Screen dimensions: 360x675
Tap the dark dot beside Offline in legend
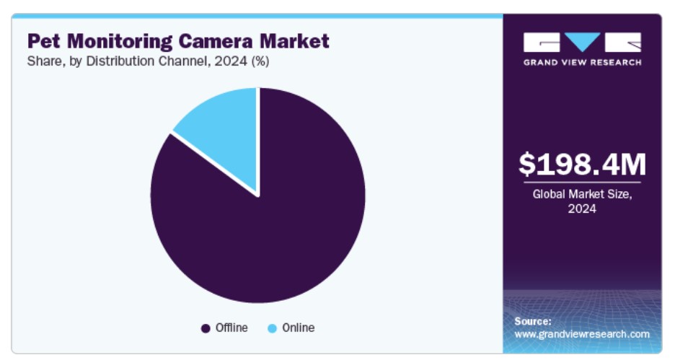pos(206,328)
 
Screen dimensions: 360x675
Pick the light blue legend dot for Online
pos(272,328)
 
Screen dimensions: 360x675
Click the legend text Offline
pos(231,328)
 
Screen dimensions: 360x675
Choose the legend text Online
pos(298,328)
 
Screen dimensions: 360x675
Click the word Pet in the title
pos(43,41)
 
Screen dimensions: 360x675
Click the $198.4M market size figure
pos(582,164)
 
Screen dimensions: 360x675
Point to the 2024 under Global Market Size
pos(582,209)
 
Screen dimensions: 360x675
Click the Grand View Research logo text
pos(582,62)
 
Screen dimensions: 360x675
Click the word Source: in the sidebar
pos(533,321)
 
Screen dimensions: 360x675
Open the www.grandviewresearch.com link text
pos(582,334)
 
